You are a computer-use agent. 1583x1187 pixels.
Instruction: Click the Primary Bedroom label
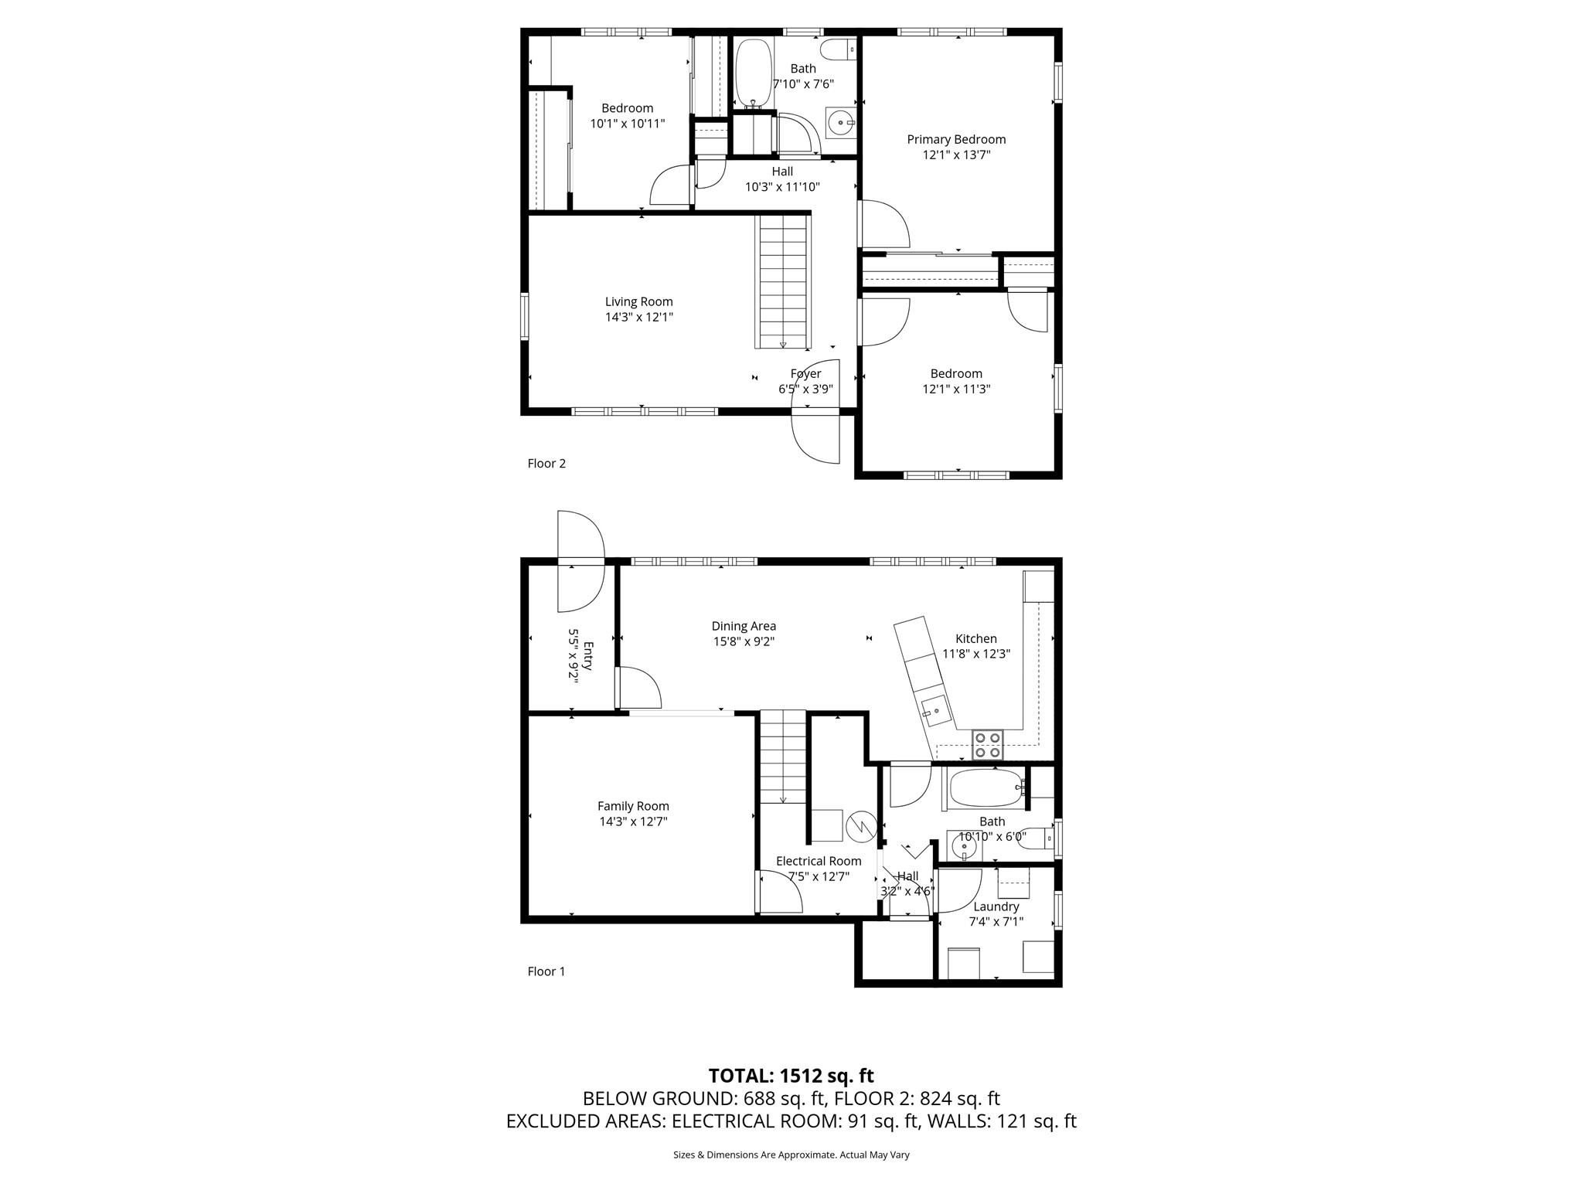coord(956,140)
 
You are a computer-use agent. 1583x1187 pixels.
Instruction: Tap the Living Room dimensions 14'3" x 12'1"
coord(638,318)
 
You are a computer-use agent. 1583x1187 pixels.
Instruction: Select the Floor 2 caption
coord(546,464)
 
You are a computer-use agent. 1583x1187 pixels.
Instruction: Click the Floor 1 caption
coord(546,971)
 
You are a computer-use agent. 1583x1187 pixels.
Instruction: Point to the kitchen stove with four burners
coord(987,744)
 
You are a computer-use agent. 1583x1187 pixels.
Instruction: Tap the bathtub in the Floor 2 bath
coord(751,74)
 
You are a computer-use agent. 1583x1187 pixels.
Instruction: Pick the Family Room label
coord(633,806)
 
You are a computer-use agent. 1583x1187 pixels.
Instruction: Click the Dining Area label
coord(744,626)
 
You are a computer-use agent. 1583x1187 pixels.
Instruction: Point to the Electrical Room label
coord(819,861)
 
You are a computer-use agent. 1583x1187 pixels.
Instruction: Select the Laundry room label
coord(996,906)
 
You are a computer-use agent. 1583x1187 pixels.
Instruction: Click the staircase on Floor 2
coord(784,282)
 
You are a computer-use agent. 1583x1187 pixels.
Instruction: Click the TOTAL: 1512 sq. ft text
coord(791,1076)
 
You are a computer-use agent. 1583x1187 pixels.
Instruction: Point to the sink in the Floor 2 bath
coord(841,122)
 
